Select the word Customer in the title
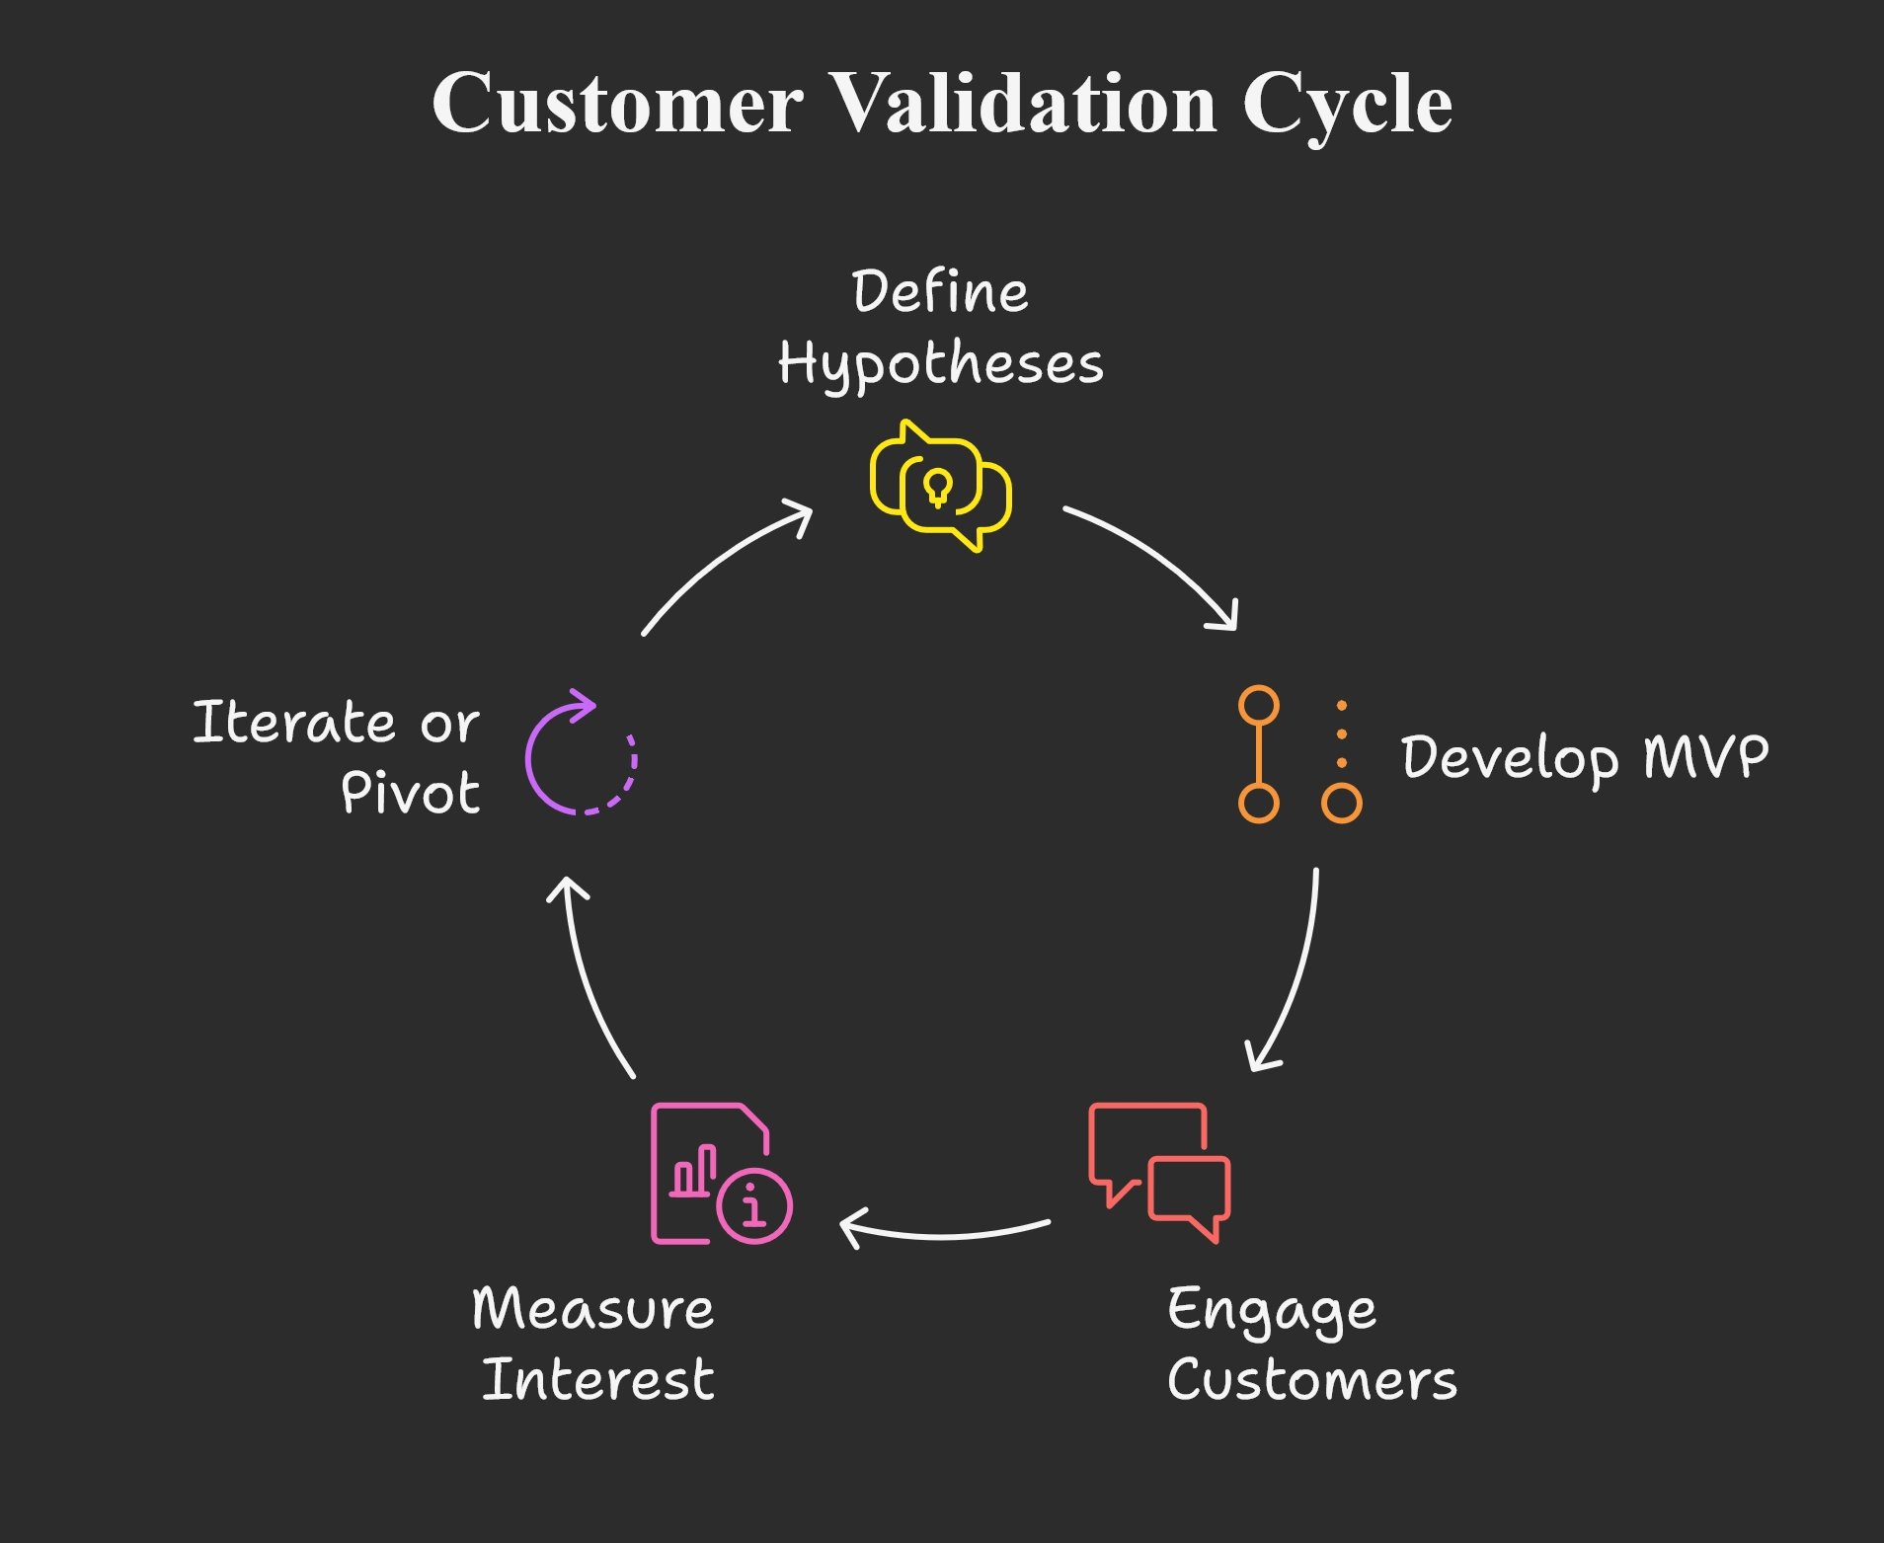[618, 104]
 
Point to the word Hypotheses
[940, 364]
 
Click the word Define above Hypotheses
[940, 292]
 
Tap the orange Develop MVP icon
[1298, 754]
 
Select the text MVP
[1705, 756]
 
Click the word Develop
[1510, 758]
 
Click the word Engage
[1271, 1312]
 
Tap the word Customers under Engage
[1311, 1380]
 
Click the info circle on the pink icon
[754, 1206]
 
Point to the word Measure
[592, 1309]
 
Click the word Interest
[597, 1380]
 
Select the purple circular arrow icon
[581, 754]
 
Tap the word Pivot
[410, 793]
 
